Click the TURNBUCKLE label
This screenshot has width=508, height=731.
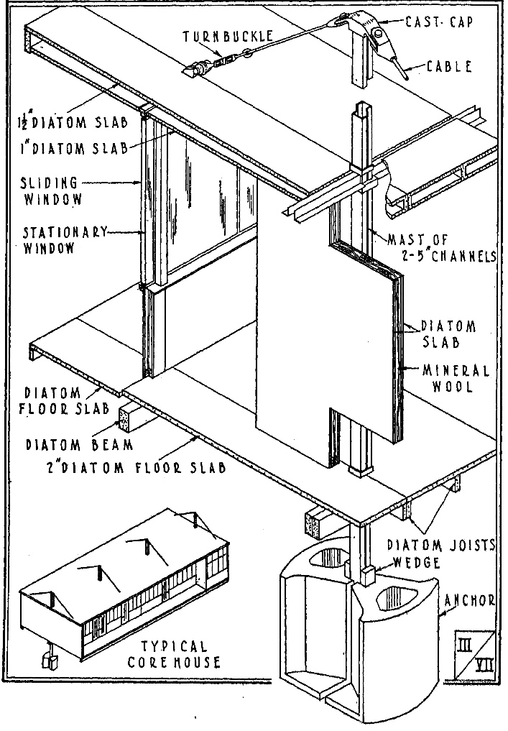tap(228, 37)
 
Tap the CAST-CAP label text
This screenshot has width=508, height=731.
tap(438, 22)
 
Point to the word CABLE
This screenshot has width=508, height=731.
tap(450, 66)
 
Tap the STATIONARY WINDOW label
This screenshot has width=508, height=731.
tap(65, 239)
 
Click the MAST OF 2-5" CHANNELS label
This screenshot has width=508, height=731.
tap(442, 248)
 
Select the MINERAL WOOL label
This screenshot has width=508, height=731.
tap(456, 378)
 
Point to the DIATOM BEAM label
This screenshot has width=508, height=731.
tap(79, 445)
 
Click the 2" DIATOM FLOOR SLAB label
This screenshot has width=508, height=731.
tap(136, 467)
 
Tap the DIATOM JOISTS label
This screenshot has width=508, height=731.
tap(441, 545)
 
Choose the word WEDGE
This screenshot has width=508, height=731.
tap(417, 562)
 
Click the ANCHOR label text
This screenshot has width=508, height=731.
tap(469, 600)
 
